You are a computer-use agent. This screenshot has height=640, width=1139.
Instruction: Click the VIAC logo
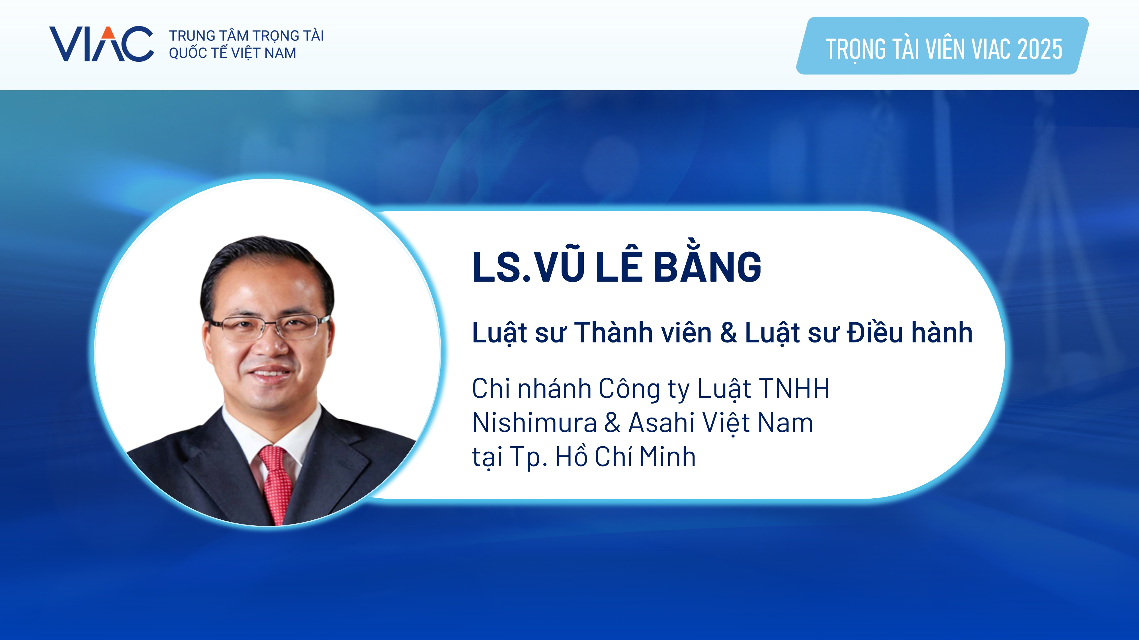101,44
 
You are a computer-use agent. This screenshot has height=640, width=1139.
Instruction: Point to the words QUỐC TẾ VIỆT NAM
233,53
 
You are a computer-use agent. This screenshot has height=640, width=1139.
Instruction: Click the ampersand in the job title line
728,332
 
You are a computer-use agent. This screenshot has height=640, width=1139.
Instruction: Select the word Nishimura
534,423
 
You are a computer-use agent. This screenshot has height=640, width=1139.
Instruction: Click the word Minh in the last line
668,457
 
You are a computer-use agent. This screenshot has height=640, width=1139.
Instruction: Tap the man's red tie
276,484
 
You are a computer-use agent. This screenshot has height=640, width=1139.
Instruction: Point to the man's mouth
270,373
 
